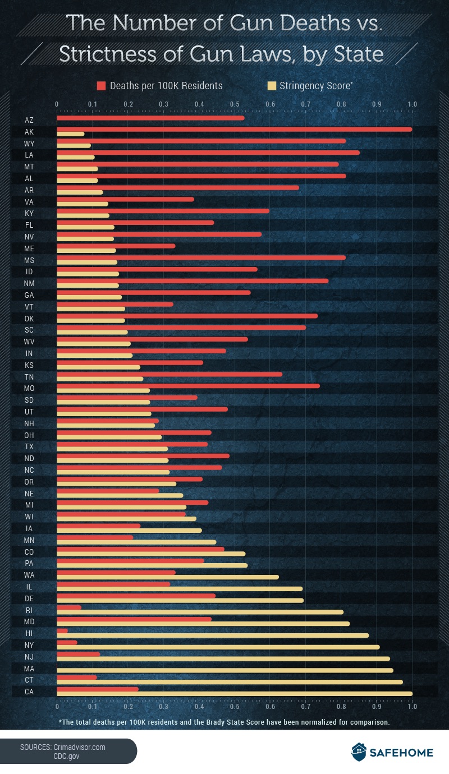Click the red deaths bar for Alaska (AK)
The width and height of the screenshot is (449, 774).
tap(234, 129)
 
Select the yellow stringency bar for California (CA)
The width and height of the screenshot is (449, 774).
tap(234, 694)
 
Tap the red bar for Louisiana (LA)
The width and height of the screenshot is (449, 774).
tap(208, 153)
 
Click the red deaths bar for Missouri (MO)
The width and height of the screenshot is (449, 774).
tap(188, 386)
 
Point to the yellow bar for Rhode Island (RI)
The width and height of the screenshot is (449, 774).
tap(200, 612)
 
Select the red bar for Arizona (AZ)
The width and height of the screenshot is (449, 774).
tap(150, 118)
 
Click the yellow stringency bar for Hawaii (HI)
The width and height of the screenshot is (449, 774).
tap(213, 635)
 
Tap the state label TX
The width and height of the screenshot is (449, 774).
tap(29, 446)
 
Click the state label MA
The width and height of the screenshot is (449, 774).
tap(29, 669)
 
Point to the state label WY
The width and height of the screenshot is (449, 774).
tap(29, 144)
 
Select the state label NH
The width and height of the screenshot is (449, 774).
tap(29, 423)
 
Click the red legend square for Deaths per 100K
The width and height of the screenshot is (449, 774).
tap(102, 86)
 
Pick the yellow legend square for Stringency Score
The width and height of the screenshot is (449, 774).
tap(272, 86)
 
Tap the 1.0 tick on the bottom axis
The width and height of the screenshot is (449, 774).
tap(412, 708)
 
